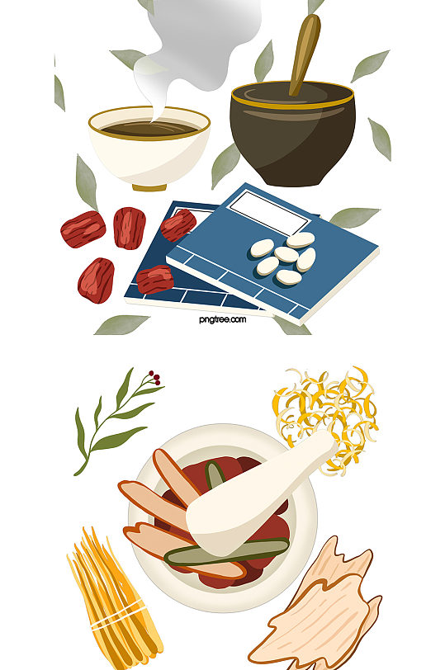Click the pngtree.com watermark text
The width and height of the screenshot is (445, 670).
(222, 319)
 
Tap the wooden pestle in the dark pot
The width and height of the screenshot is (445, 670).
(305, 54)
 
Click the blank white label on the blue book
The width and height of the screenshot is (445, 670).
(269, 213)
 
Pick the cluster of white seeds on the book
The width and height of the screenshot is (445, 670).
(283, 258)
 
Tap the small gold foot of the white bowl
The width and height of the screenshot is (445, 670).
(149, 187)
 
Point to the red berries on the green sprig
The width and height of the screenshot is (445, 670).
(154, 378)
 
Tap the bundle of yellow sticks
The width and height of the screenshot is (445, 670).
(115, 598)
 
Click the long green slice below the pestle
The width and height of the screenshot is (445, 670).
(226, 552)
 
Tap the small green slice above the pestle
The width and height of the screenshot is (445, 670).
(215, 475)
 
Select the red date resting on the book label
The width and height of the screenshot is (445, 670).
(178, 224)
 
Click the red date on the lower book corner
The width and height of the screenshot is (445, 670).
(154, 280)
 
